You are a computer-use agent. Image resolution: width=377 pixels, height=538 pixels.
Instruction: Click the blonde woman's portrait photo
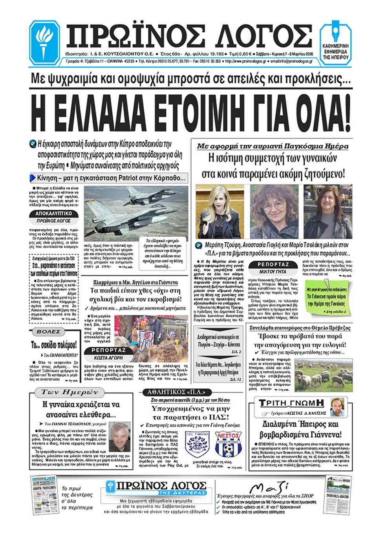point(220,212)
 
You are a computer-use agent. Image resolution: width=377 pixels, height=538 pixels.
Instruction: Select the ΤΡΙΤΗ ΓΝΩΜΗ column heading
point(292,403)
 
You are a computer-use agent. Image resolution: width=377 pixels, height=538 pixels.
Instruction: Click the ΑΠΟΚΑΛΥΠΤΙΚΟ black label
point(54,214)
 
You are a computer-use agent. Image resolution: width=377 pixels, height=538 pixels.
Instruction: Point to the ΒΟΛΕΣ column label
point(48,332)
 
